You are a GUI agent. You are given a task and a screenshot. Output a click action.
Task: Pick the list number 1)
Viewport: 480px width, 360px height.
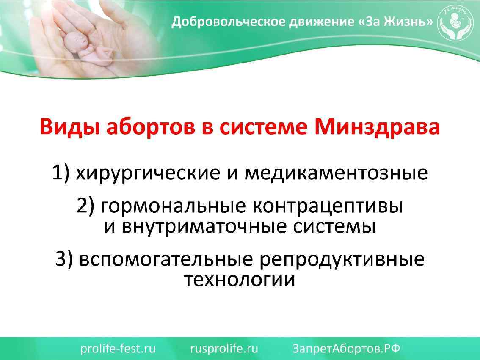(x=61, y=173)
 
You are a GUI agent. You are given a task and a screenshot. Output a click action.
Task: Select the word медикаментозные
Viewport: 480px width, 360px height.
(x=337, y=173)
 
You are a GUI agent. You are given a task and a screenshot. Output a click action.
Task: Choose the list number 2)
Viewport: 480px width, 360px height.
(x=88, y=206)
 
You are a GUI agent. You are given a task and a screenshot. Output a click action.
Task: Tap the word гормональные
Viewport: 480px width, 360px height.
(x=174, y=206)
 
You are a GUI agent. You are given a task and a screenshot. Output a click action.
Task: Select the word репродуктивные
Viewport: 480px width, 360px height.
(x=342, y=259)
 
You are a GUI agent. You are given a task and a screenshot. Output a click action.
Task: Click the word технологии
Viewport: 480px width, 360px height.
(x=240, y=280)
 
